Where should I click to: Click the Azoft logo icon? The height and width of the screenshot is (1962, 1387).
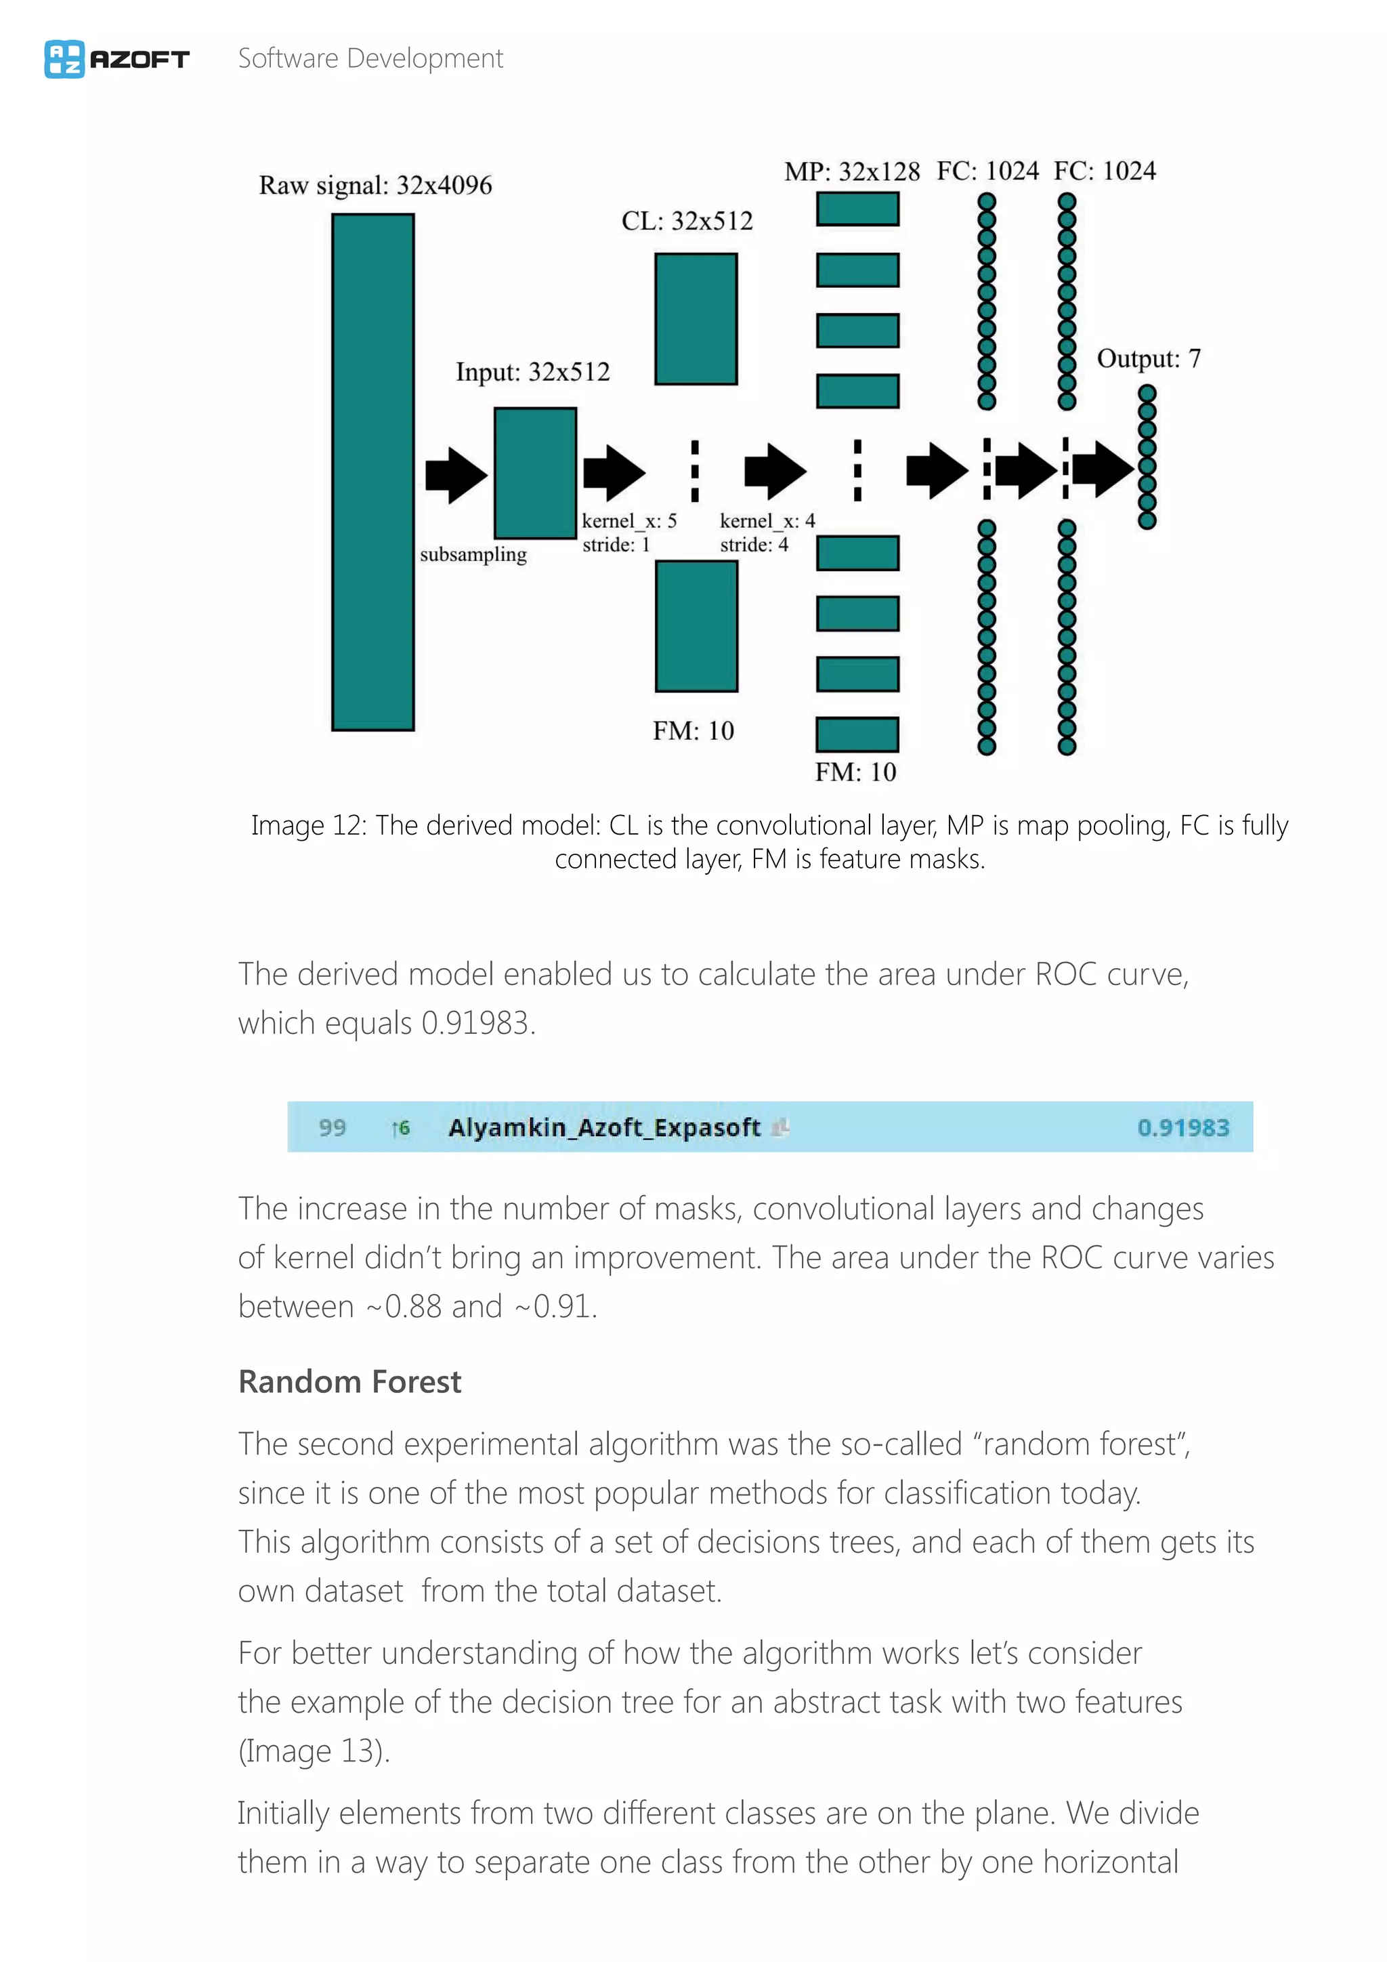point(64,59)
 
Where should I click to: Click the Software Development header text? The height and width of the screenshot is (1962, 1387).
point(370,59)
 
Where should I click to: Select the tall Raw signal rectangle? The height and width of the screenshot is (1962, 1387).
point(372,472)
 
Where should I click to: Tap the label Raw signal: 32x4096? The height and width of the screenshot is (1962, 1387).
point(375,186)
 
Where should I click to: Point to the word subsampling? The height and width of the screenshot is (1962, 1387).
point(473,555)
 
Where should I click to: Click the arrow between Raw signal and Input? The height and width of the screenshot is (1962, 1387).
point(456,474)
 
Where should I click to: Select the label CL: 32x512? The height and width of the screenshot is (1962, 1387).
point(687,222)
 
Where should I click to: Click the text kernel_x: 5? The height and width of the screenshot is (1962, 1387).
point(629,521)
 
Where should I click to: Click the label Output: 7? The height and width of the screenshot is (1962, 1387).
point(1148,359)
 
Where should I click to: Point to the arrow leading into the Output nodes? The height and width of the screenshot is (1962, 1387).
point(1102,468)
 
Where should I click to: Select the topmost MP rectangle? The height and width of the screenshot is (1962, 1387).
point(857,209)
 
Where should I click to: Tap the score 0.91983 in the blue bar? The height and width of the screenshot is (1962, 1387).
point(1183,1128)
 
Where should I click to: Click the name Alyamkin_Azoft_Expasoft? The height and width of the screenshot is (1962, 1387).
point(604,1128)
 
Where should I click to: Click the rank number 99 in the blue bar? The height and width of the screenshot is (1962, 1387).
point(333,1128)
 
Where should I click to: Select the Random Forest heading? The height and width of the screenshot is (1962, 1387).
point(349,1382)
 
